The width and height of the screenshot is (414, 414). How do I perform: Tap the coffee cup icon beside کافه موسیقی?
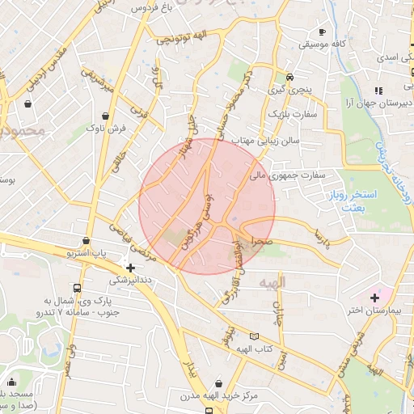pyautogui.click(x=323, y=32)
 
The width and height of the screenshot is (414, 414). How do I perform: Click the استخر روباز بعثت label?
pyautogui.click(x=354, y=201)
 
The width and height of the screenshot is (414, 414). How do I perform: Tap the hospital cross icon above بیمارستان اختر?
pyautogui.click(x=374, y=298)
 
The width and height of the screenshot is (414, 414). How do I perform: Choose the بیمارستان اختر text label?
pyautogui.click(x=365, y=310)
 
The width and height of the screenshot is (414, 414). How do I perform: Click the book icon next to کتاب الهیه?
pyautogui.click(x=256, y=336)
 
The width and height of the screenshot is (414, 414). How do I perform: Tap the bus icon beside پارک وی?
pyautogui.click(x=77, y=289)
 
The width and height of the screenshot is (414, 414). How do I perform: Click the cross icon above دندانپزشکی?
pyautogui.click(x=130, y=267)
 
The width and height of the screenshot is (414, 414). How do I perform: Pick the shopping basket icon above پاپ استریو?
pyautogui.click(x=87, y=240)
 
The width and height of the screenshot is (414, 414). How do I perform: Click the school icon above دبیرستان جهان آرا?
pyautogui.click(x=377, y=91)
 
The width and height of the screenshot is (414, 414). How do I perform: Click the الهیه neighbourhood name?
pyautogui.click(x=273, y=284)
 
